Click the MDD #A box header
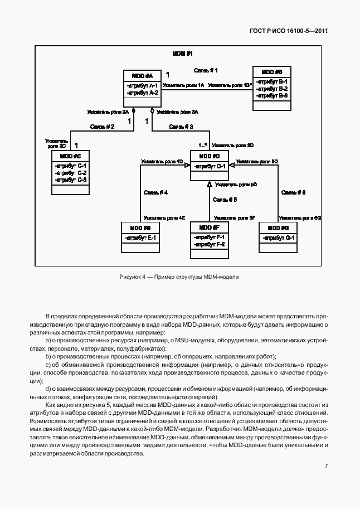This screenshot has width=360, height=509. [x=142, y=75]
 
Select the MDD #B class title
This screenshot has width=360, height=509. [x=271, y=72]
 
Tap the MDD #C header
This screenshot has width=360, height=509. [x=70, y=156]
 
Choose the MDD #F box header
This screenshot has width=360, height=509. [x=209, y=227]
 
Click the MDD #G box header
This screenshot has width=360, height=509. [x=278, y=228]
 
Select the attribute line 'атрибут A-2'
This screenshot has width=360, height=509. [x=143, y=93]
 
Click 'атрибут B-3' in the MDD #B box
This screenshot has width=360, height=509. [x=271, y=96]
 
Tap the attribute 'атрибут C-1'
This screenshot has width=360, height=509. [x=70, y=166]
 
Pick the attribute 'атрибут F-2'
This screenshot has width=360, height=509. [x=209, y=244]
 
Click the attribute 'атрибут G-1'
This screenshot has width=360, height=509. [x=278, y=238]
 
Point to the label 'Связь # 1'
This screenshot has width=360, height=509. [x=205, y=70]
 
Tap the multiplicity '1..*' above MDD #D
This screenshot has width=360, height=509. [x=203, y=144]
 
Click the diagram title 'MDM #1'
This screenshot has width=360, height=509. [x=182, y=54]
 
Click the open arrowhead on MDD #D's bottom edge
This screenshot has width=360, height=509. [x=209, y=184]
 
